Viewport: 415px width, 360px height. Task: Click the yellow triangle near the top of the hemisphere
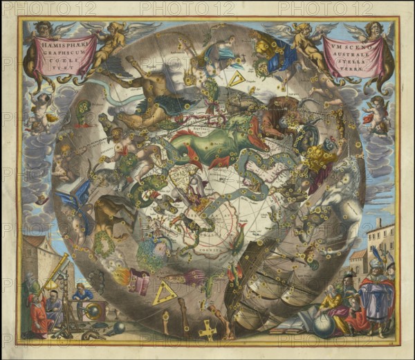point(237,80)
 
